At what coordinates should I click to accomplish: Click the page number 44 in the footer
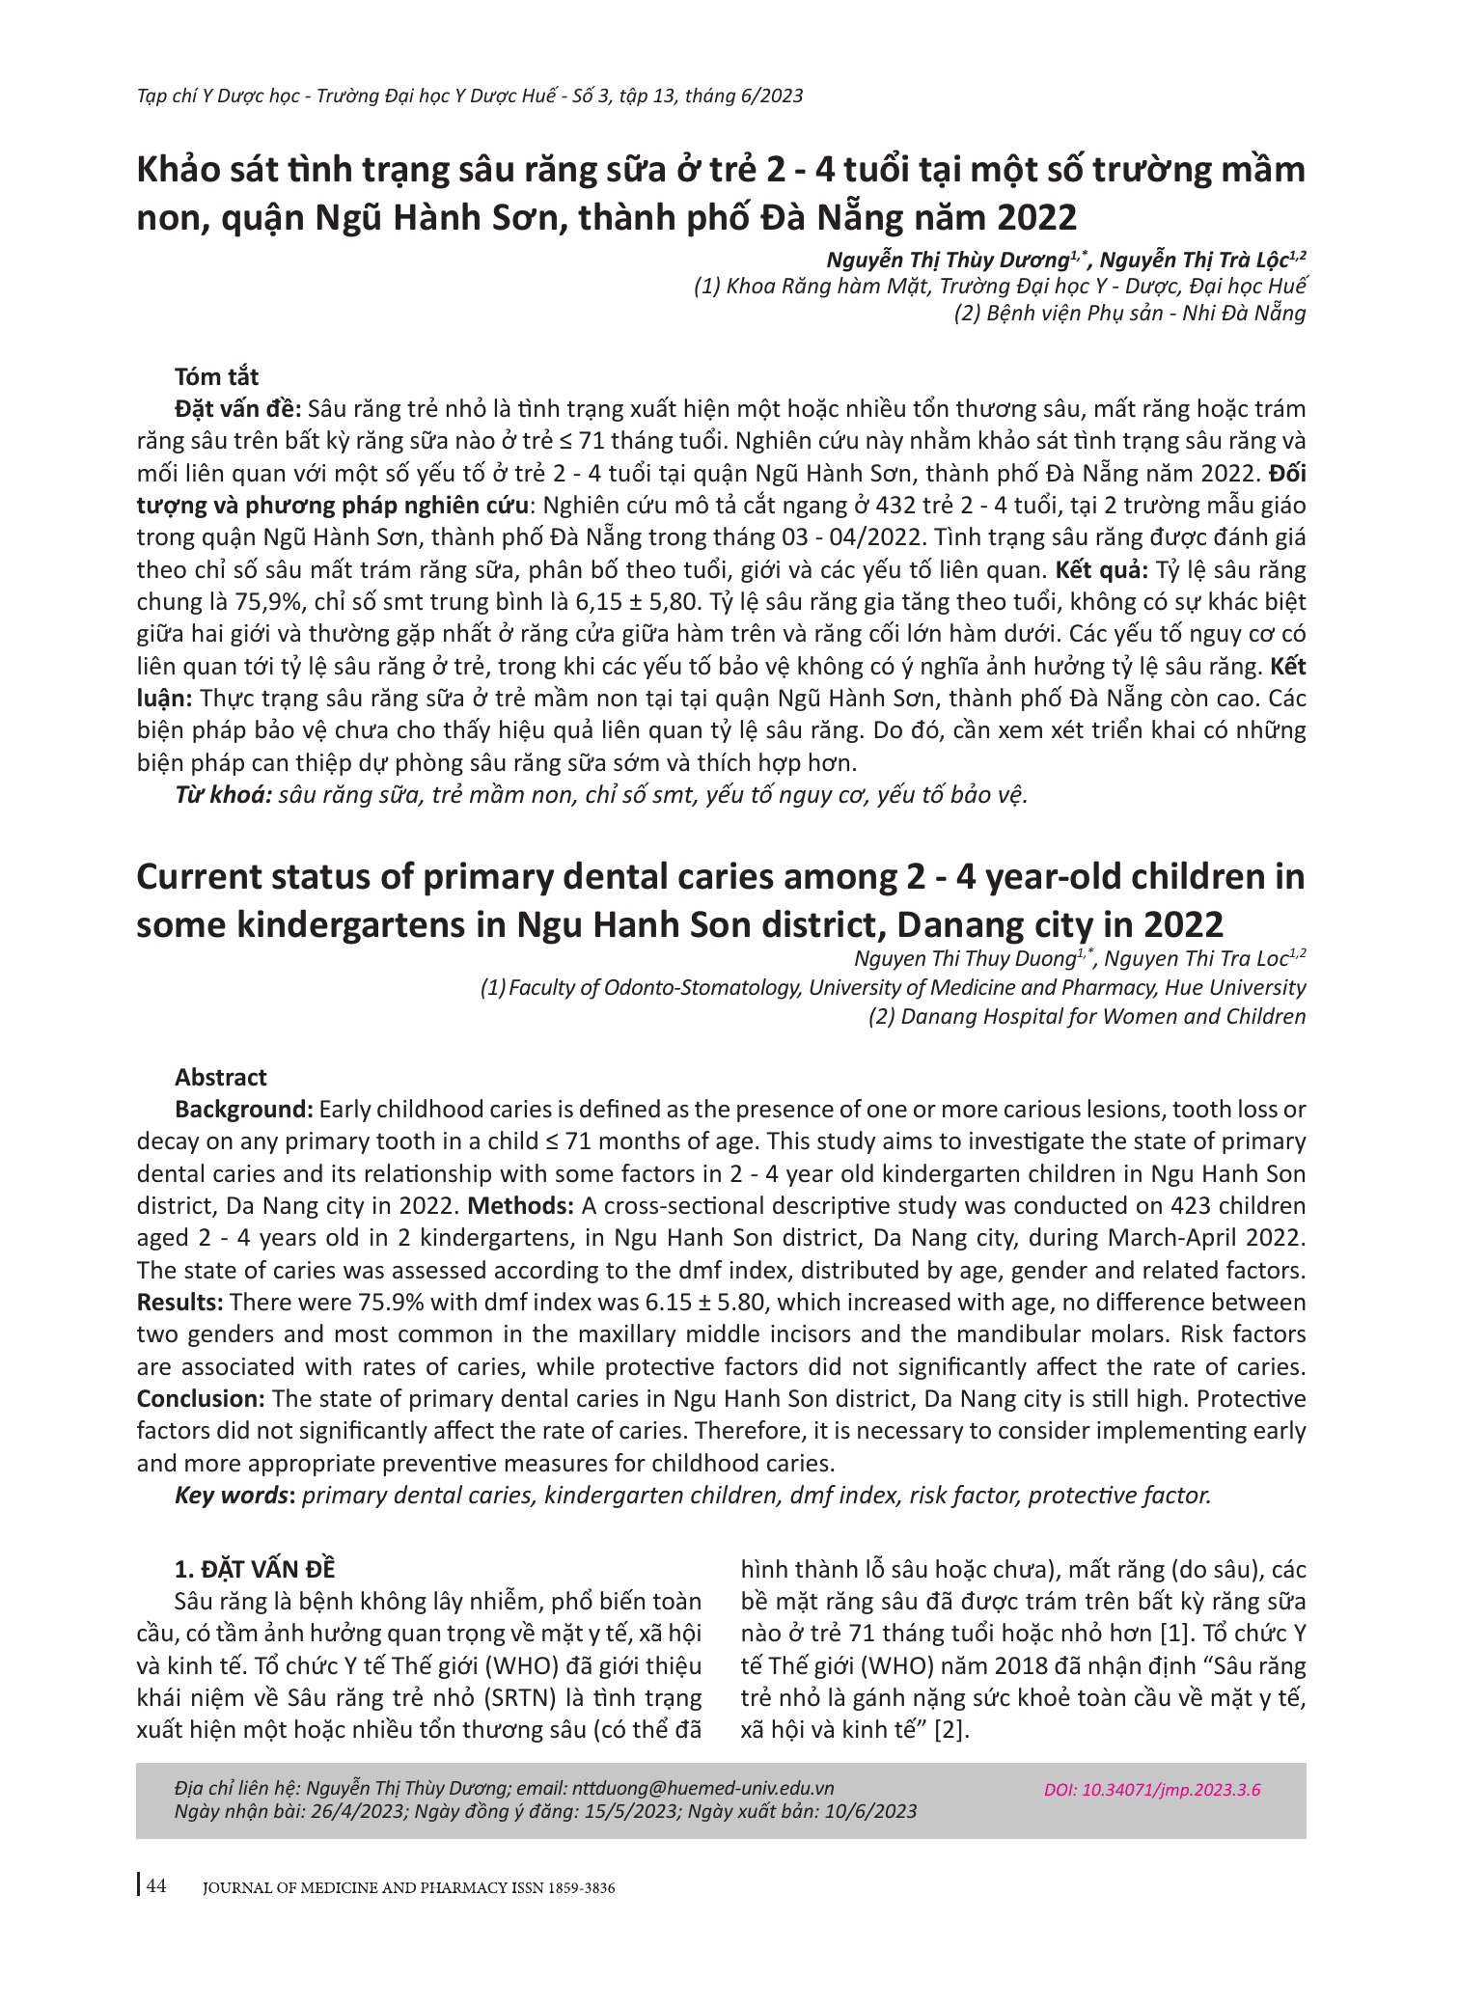tap(156, 1885)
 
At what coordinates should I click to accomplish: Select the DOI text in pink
tap(1151, 1790)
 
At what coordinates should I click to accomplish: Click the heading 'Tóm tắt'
tap(216, 376)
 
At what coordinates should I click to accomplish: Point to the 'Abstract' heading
tap(220, 1077)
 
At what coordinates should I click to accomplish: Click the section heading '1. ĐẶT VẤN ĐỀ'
tap(255, 1569)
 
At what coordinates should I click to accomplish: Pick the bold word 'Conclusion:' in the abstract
tap(201, 1399)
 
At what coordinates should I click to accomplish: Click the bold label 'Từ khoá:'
tap(223, 795)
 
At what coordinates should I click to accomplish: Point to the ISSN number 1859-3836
tap(581, 1887)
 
